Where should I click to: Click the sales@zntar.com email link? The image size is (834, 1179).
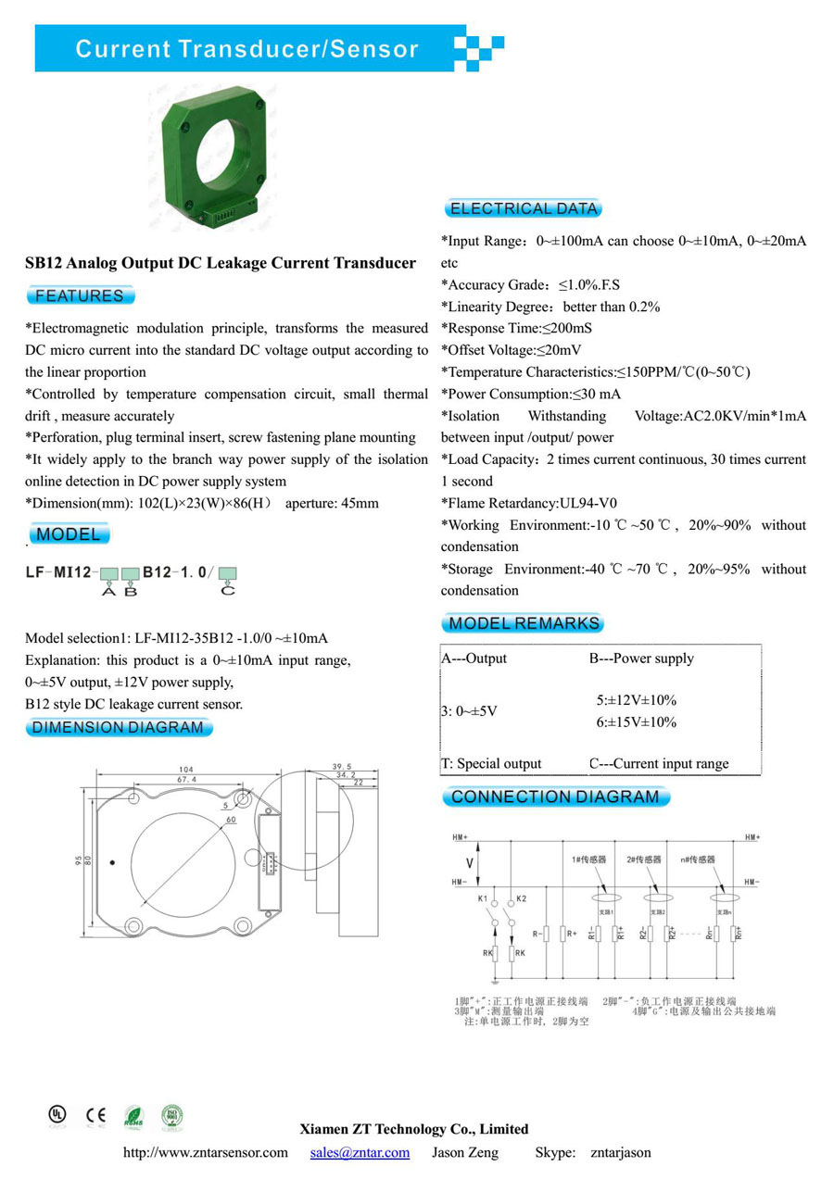(x=360, y=1153)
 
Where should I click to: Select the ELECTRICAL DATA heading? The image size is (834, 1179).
(x=523, y=208)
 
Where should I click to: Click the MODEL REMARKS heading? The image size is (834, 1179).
(x=524, y=623)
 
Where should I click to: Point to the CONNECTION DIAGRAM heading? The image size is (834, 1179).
(x=554, y=796)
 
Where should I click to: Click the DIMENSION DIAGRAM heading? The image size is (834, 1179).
(x=118, y=727)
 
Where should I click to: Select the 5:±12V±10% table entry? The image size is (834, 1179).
(x=636, y=700)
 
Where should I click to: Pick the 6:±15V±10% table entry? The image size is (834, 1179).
(x=636, y=721)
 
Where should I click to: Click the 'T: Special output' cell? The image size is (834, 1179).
(x=491, y=764)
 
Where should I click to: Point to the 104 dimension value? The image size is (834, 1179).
(x=186, y=770)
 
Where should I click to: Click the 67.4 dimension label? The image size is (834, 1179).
(x=186, y=780)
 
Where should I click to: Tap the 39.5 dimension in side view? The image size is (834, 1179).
(x=341, y=767)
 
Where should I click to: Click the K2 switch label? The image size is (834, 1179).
(x=521, y=898)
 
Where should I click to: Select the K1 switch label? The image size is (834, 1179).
(x=483, y=898)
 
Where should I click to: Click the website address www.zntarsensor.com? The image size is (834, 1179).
(x=206, y=1153)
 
